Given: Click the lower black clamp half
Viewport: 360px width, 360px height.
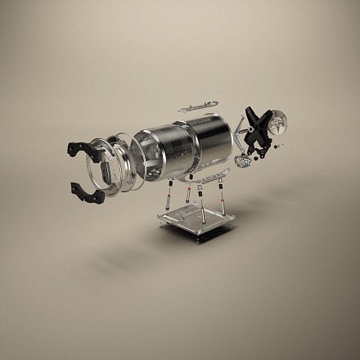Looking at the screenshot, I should (x=87, y=192).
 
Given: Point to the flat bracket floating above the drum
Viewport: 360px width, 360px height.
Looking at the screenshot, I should (x=197, y=106).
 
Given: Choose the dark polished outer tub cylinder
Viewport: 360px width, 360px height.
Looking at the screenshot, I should (x=208, y=143).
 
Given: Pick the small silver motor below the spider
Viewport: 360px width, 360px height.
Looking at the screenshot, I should (x=243, y=160).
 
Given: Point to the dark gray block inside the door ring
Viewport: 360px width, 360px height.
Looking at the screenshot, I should (x=107, y=173).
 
